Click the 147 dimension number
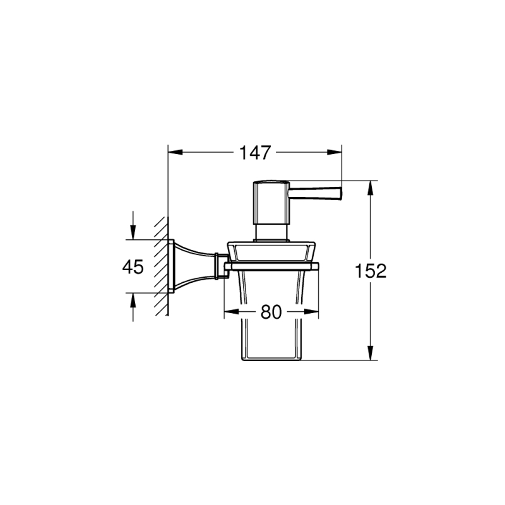255,152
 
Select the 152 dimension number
371,271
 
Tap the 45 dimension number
133,266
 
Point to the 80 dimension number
271,312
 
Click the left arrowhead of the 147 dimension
175,152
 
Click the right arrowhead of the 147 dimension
335,152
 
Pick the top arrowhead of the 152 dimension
371,187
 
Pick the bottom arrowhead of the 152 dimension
371,353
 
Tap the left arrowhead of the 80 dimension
232,312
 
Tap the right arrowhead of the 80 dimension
311,312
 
